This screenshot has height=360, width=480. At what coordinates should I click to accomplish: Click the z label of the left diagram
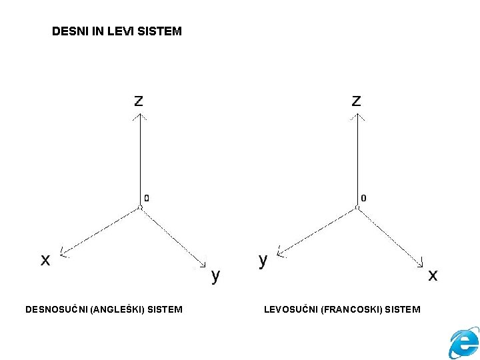(138, 101)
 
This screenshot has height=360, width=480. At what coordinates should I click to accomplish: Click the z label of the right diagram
(357, 101)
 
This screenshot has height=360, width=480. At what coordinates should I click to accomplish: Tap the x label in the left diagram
(45, 260)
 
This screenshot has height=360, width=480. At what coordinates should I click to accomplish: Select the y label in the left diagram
(215, 275)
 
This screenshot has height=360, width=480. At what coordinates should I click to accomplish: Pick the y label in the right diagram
(263, 260)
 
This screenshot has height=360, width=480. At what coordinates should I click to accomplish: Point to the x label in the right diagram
(433, 275)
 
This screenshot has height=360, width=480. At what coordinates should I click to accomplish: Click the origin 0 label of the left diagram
(147, 197)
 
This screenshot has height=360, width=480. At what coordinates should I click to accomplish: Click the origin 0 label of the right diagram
(363, 197)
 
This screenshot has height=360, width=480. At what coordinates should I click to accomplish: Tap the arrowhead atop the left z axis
(139, 116)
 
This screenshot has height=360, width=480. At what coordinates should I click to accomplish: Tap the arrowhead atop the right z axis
(357, 116)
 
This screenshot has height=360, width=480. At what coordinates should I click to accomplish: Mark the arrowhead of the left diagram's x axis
(63, 253)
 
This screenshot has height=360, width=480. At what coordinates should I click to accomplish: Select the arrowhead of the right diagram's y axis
(281, 253)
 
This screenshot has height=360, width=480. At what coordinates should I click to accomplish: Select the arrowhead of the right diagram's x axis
(421, 264)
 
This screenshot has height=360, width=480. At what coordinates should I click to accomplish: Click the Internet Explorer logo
(464, 343)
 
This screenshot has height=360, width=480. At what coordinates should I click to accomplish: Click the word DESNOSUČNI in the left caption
(56, 309)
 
